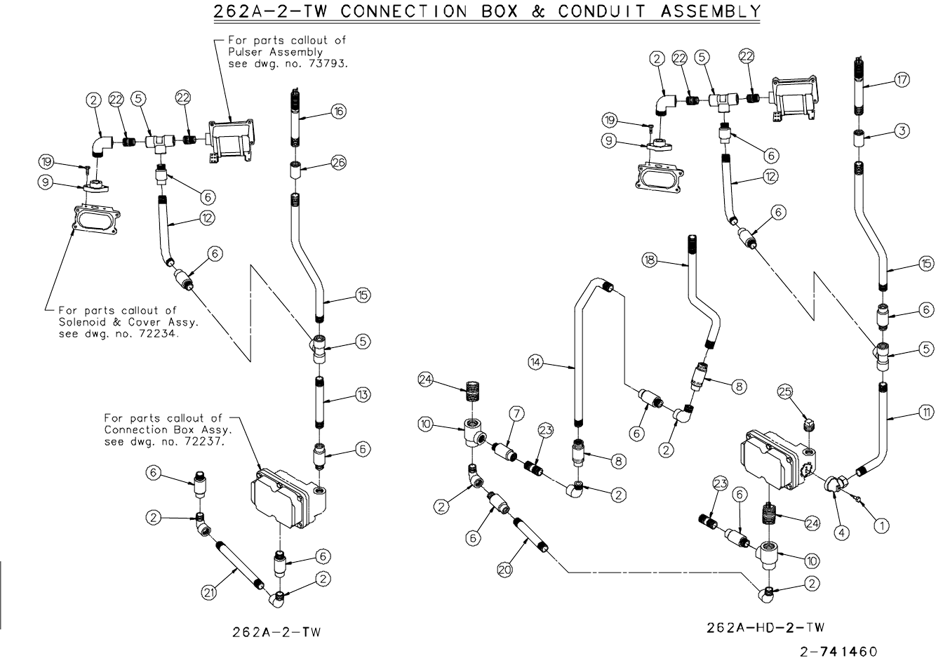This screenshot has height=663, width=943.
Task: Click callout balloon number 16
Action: tap(339, 112)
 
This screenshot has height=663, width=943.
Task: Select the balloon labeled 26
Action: tap(339, 163)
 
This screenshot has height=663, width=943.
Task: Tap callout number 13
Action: tap(362, 396)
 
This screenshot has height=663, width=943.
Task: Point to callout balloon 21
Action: tap(208, 593)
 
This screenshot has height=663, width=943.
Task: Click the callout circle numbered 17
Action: tap(902, 80)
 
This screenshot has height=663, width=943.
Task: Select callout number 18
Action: tap(650, 260)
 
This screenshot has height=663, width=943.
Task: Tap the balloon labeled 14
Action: tap(536, 362)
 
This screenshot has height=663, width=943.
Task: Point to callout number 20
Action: tap(504, 570)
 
